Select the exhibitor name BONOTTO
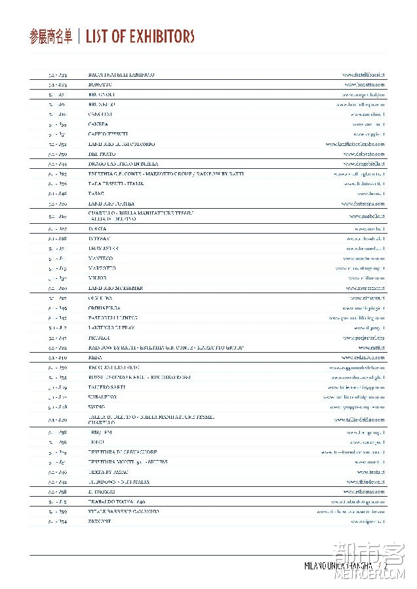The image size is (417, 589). click(x=100, y=85)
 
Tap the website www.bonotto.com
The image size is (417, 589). click(x=365, y=85)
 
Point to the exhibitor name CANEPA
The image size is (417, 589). click(x=98, y=124)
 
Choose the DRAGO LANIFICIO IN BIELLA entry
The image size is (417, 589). click(x=123, y=164)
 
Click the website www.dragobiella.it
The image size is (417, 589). click(x=364, y=164)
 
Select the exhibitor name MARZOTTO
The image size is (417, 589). click(x=102, y=268)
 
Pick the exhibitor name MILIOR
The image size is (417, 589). click(x=97, y=278)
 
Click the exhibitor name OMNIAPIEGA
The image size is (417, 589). click(x=104, y=308)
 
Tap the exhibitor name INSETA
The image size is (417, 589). click(x=97, y=229)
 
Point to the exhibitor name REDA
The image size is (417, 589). click(x=94, y=358)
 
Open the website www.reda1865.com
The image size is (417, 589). click(x=364, y=358)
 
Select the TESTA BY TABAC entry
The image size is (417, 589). click(x=109, y=472)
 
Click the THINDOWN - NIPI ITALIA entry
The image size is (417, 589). click(x=118, y=482)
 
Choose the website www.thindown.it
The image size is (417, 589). click(x=367, y=482)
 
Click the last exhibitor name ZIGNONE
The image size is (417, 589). click(x=100, y=522)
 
